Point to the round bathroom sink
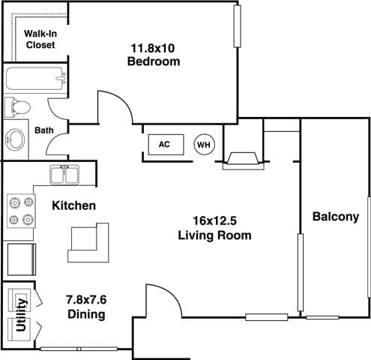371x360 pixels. tap(16, 139)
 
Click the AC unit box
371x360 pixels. tap(162, 144)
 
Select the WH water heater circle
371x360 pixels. tap(203, 144)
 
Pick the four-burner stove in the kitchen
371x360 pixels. tap(20, 211)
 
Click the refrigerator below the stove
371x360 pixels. tap(20, 259)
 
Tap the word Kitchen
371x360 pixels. tap(73, 205)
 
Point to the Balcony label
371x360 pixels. tap(335, 217)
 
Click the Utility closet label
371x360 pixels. tap(21, 315)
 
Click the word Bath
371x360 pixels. tap(44, 130)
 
